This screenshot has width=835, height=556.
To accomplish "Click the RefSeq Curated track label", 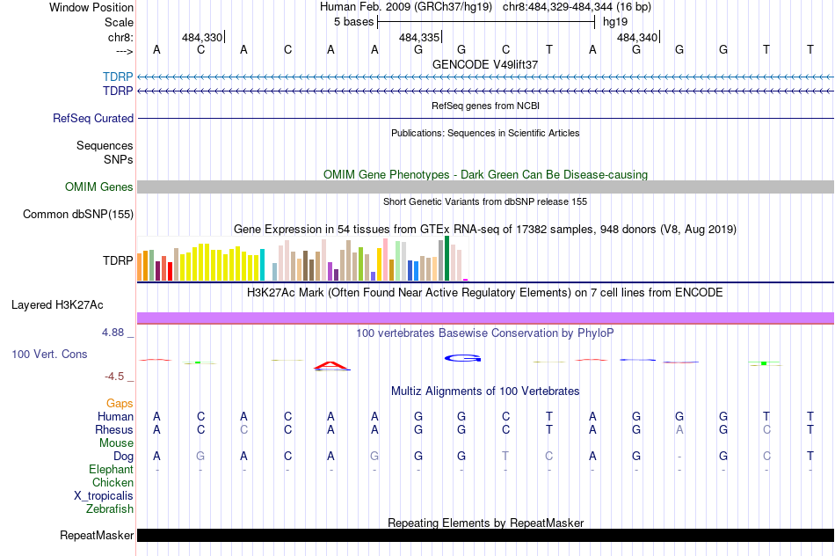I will (x=93, y=118).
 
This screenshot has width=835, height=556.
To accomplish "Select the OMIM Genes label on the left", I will (x=99, y=187).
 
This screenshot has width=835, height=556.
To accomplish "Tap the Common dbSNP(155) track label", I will (x=78, y=214).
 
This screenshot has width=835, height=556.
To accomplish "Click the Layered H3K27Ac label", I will (x=57, y=305).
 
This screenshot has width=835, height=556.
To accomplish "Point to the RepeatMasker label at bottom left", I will (x=97, y=535).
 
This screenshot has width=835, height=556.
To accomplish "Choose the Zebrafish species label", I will (x=110, y=508).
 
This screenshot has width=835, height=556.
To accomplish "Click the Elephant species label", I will (x=111, y=470).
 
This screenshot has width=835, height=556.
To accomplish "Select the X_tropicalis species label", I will (x=104, y=495).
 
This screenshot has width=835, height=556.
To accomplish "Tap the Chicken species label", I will (x=113, y=482).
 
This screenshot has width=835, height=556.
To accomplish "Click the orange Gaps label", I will (x=120, y=403).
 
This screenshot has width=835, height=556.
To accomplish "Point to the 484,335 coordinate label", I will (x=418, y=38).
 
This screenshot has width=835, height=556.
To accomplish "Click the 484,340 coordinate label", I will (x=636, y=38).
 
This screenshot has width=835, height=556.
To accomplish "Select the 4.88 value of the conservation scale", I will (x=115, y=333).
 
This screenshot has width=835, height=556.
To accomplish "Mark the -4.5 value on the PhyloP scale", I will (x=115, y=377).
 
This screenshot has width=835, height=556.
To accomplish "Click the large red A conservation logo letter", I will (x=330, y=365).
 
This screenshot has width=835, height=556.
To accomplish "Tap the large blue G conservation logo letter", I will (x=462, y=357).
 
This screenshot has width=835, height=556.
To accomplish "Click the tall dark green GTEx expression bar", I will (x=447, y=258).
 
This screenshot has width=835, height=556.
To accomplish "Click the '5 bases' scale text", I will (x=353, y=22).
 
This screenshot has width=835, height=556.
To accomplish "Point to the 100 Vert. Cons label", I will (x=49, y=354).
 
